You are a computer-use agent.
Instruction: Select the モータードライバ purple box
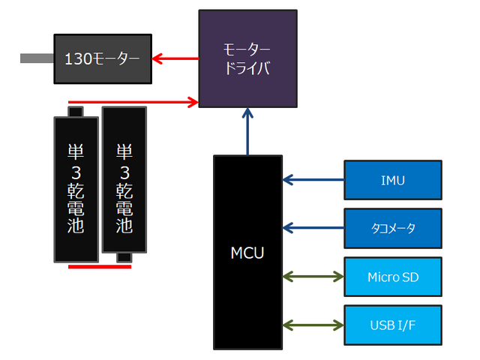tap(247, 58)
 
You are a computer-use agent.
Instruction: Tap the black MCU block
tap(247, 252)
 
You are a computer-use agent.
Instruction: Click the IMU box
tap(393, 180)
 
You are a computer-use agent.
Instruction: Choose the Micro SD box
tap(393, 277)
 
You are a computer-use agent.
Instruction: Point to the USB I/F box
tap(393, 325)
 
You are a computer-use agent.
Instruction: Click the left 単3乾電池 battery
tap(76, 188)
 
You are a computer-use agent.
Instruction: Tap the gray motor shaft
tap(36, 58)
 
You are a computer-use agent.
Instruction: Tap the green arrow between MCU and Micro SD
tap(313, 277)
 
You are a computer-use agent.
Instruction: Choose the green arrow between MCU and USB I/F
tap(313, 325)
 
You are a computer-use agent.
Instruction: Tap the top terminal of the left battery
tap(76, 112)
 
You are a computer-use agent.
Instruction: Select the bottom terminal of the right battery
tap(124, 258)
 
